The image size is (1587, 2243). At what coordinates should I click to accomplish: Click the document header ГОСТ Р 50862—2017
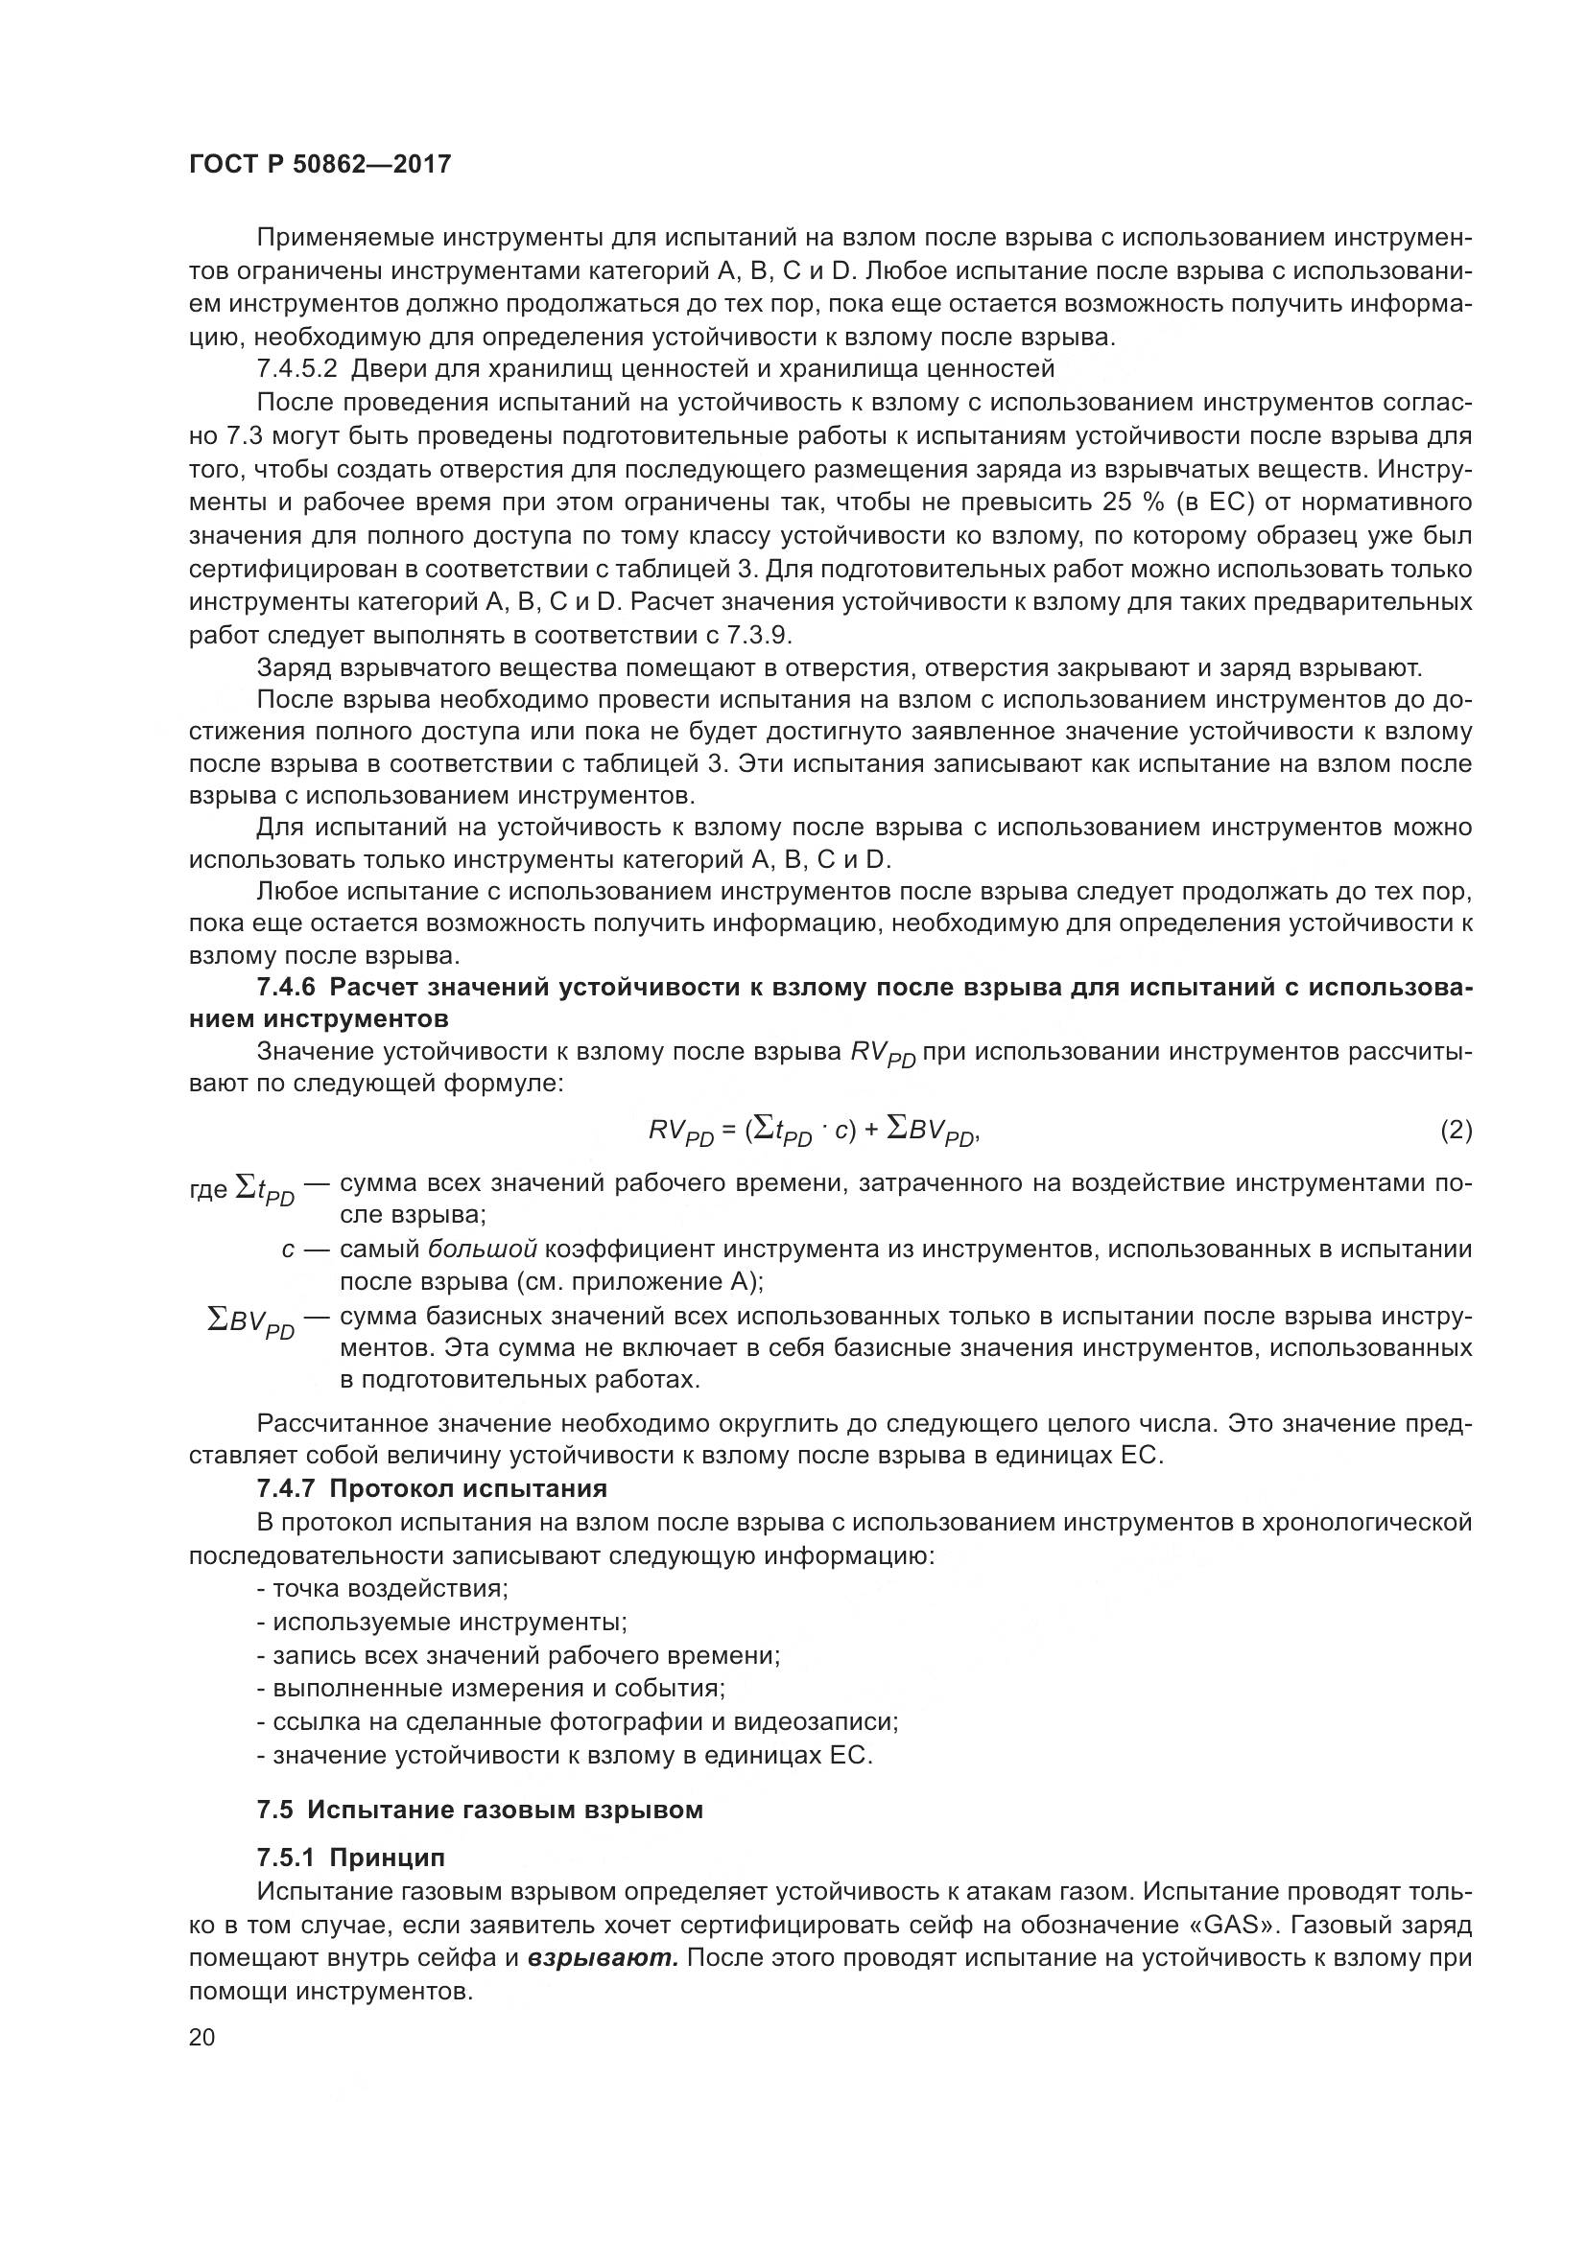pos(320,164)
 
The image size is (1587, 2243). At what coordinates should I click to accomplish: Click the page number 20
pos(201,2037)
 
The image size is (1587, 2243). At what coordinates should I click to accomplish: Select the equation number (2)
pos(1456,1131)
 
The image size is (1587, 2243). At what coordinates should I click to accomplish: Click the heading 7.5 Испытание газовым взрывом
pos(480,1810)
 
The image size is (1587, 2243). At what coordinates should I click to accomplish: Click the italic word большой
pos(483,1249)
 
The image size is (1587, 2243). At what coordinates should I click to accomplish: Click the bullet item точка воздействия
pos(383,1588)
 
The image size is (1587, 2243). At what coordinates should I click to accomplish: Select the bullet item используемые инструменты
pos(441,1622)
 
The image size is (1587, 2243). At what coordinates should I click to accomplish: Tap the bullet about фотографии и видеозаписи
pos(578,1721)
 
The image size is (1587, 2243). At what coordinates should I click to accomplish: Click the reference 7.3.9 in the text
pos(758,635)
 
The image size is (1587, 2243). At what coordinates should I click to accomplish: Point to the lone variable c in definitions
pos(287,1250)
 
